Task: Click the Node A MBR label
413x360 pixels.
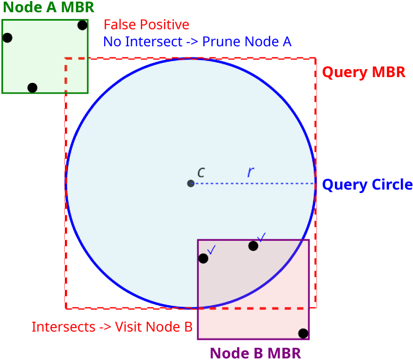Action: click(48, 7)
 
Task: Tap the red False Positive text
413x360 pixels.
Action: click(146, 25)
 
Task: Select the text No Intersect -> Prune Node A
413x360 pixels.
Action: click(197, 41)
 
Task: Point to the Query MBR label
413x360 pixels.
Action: click(364, 72)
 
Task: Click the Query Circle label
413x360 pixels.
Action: click(367, 185)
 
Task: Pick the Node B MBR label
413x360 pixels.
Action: click(256, 353)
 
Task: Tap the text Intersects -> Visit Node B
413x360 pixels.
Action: click(112, 327)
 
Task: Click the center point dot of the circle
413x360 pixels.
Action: click(191, 183)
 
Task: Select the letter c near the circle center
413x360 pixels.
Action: click(201, 172)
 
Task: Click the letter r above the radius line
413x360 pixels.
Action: click(250, 172)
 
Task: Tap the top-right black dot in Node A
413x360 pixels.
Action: click(82, 25)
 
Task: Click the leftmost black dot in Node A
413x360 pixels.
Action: click(7, 38)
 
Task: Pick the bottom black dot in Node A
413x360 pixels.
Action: click(32, 88)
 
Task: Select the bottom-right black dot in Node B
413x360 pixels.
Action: click(303, 333)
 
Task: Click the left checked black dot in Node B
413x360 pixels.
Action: click(203, 258)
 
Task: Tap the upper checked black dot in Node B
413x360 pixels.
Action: click(253, 246)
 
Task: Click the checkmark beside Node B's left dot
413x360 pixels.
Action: click(211, 249)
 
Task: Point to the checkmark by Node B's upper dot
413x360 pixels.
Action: click(261, 237)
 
